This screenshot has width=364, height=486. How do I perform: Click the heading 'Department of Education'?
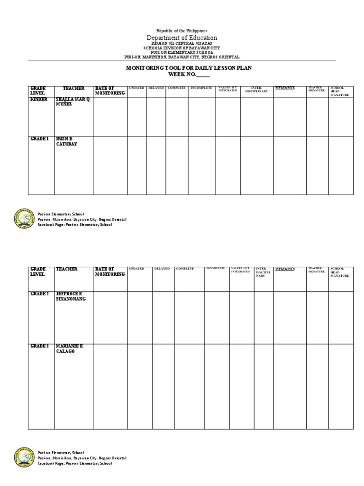pos(182,37)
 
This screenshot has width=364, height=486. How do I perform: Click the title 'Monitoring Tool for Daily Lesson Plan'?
pos(182,68)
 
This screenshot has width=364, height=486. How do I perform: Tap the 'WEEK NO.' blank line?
pos(202,75)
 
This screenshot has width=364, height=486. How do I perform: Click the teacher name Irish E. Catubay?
pos(66,141)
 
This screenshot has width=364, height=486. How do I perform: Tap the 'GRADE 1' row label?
pos(40,139)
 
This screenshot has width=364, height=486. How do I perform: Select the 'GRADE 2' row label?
pos(40,294)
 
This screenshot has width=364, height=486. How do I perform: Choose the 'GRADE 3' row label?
pos(40,346)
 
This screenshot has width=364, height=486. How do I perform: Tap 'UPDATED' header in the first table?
pos(136,88)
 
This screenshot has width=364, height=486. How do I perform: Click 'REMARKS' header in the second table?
pos(284,269)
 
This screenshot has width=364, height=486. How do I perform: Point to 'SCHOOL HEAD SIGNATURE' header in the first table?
pos(340,91)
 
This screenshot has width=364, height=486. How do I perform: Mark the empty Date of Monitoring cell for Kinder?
pos(110,116)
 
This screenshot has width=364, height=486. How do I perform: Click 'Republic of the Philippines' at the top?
pos(182,30)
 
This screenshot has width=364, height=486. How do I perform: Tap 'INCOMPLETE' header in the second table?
pos(216,269)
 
